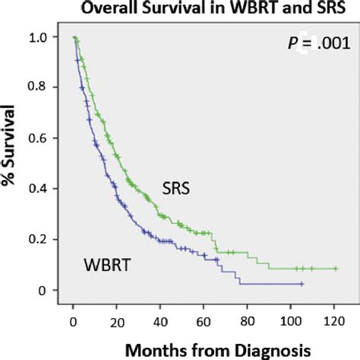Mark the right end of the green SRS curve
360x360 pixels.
click(336, 269)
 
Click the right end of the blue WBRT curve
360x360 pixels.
click(302, 284)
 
